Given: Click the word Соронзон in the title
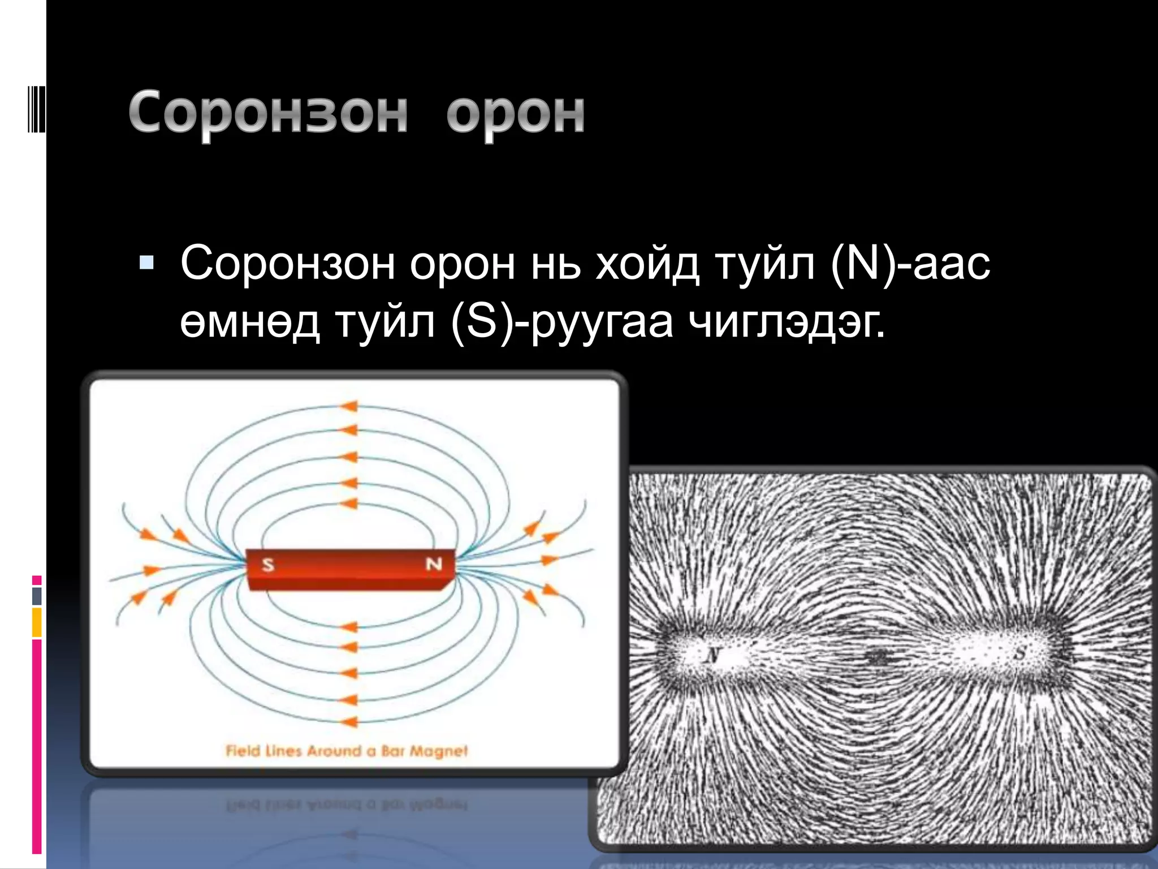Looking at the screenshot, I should (268, 113).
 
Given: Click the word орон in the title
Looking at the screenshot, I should (515, 113).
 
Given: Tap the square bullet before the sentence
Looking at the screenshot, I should (146, 262).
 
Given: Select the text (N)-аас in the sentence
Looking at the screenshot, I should (910, 263).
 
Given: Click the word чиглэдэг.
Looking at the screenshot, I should (787, 322).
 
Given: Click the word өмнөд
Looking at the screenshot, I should (250, 322).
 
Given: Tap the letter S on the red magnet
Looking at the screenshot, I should (268, 564).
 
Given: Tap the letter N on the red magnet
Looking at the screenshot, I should (434, 564).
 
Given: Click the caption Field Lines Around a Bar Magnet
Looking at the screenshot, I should (347, 751).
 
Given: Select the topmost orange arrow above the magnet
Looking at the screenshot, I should (349, 406).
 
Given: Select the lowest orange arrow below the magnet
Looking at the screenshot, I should (349, 722).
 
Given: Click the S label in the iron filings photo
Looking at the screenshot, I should (1020, 653).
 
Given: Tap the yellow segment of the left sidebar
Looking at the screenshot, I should (37, 622).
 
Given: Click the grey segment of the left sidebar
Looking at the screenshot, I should (37, 596).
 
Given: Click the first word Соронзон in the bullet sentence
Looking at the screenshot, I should (287, 263).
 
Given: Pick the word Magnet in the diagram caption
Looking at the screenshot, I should (439, 751).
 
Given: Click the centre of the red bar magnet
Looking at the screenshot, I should (351, 569).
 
